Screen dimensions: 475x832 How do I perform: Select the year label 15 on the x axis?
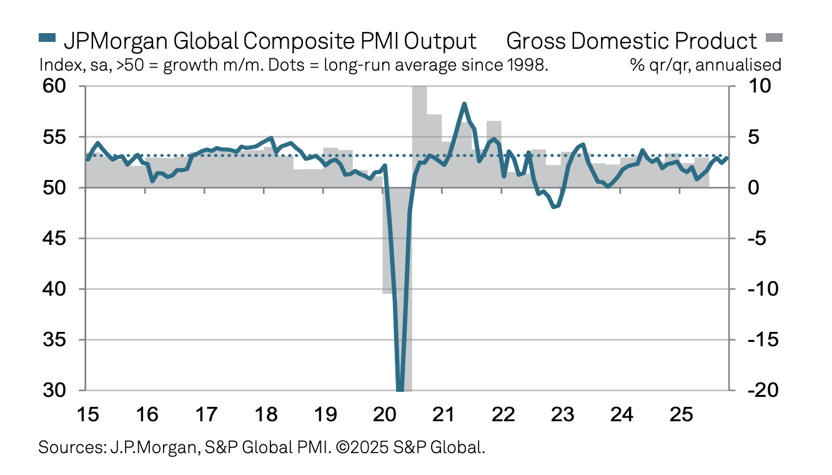coord(86,414)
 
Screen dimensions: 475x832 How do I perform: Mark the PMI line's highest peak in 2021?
coord(464,104)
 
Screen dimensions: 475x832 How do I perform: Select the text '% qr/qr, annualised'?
coord(706,65)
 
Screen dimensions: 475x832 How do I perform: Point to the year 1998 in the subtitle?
coord(530,65)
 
